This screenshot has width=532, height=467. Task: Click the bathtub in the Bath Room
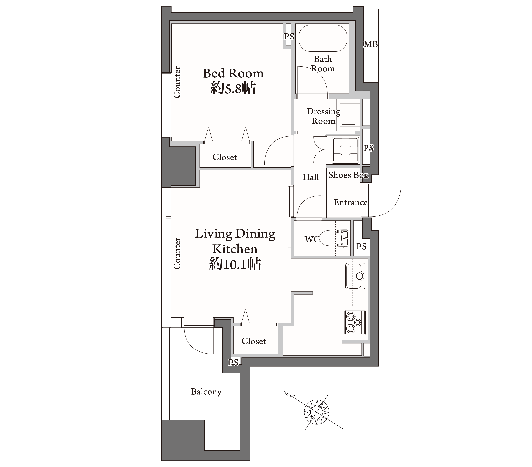[323, 38]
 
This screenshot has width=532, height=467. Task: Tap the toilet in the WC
[334, 238]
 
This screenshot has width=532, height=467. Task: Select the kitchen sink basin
[355, 276]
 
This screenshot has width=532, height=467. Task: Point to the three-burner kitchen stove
[355, 322]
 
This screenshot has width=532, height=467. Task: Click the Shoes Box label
[348, 175]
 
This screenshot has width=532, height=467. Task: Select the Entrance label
[351, 202]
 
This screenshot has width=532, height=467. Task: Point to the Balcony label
[206, 392]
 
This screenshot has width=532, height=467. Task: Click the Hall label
[311, 177]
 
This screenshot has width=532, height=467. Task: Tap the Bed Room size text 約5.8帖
[233, 89]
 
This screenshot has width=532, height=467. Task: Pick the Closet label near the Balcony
[254, 341]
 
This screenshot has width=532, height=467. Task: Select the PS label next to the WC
[361, 246]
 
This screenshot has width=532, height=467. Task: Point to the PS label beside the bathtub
[289, 37]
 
